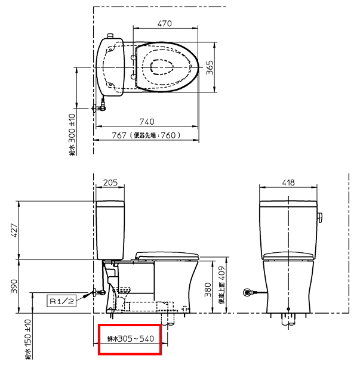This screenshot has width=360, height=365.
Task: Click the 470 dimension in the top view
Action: pyautogui.click(x=165, y=23)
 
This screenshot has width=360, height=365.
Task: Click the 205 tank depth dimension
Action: pyautogui.click(x=110, y=183)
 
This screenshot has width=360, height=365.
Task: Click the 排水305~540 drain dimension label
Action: pyautogui.click(x=130, y=339)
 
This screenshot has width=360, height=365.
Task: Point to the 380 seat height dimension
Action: pyautogui.click(x=207, y=289)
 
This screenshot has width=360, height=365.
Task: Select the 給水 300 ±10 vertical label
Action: pyautogui.click(x=72, y=135)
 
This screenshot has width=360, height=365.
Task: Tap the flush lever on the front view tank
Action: pyautogui.click(x=319, y=215)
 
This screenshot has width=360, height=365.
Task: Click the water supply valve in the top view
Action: pyautogui.click(x=100, y=109)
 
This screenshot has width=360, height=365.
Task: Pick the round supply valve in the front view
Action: pyautogui.click(x=248, y=292)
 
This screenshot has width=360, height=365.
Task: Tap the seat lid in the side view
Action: pyautogui.click(x=167, y=255)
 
